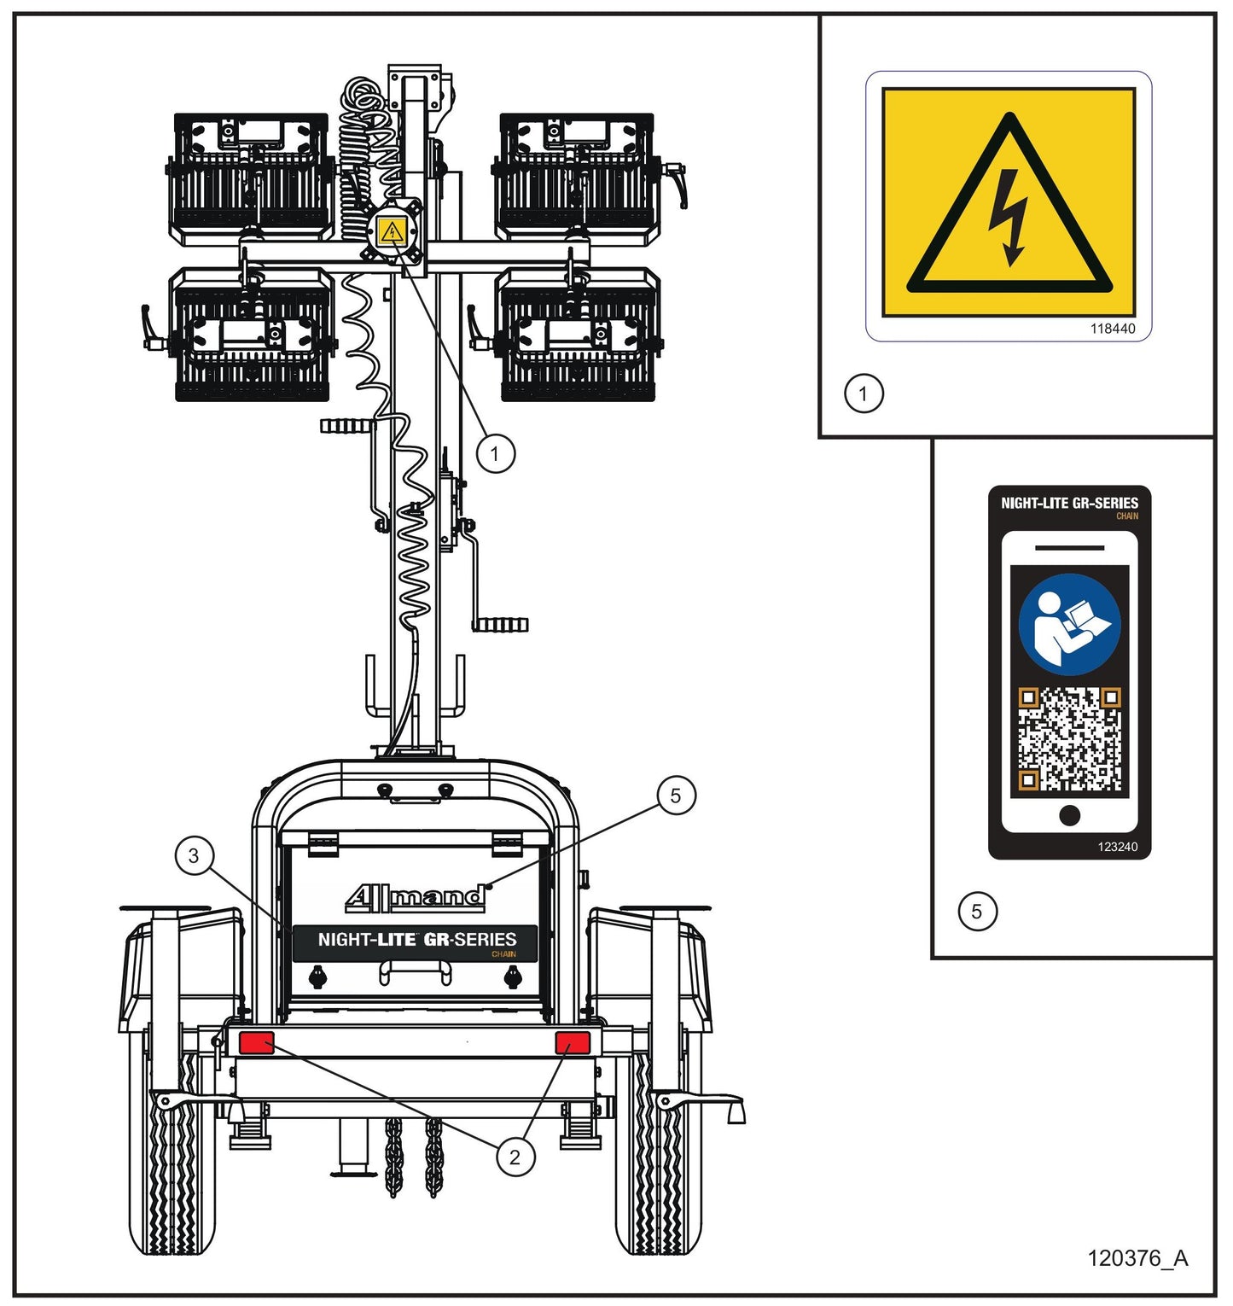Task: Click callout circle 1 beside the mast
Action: pyautogui.click(x=496, y=452)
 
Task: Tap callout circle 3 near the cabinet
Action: pyautogui.click(x=194, y=855)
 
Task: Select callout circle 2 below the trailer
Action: pyautogui.click(x=515, y=1157)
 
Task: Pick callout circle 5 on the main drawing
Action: pyautogui.click(x=677, y=796)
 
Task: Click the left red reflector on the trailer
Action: pyautogui.click(x=256, y=1042)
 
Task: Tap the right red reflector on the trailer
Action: pyautogui.click(x=573, y=1042)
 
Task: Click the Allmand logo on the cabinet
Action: pyautogui.click(x=416, y=897)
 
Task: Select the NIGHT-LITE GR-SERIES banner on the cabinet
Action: pyautogui.click(x=416, y=943)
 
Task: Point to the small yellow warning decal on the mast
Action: pyautogui.click(x=392, y=230)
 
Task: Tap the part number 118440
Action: pyautogui.click(x=1113, y=329)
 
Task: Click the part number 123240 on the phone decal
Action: pyautogui.click(x=1117, y=847)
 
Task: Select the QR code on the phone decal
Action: pyautogui.click(x=1069, y=739)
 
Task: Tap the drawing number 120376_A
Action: pyautogui.click(x=1137, y=1257)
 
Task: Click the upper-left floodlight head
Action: pyautogui.click(x=251, y=176)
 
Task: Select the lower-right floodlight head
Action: pyautogui.click(x=578, y=335)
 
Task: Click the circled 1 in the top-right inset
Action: pyautogui.click(x=864, y=394)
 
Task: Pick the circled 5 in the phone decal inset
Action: pyautogui.click(x=977, y=911)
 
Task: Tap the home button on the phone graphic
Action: pyautogui.click(x=1069, y=816)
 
